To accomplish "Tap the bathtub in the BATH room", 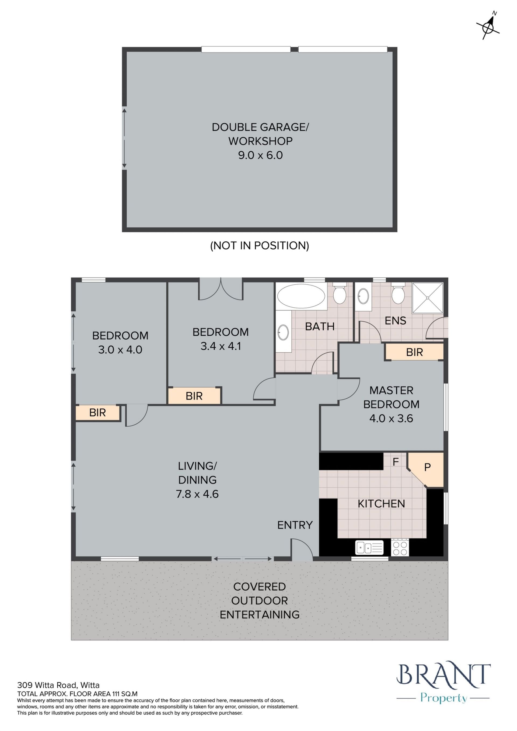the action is [x=301, y=296].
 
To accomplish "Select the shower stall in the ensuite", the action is [x=428, y=298].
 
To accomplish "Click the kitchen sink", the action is [x=369, y=548].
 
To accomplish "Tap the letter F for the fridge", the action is [x=396, y=462].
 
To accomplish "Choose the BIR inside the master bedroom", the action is [x=414, y=352].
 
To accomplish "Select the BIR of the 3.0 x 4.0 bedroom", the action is [x=97, y=413].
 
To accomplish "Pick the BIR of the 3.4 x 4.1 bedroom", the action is [x=194, y=396].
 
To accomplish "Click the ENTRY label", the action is [x=295, y=525].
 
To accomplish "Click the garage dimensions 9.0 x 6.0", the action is [x=260, y=155].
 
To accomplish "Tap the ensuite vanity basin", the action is [x=363, y=296].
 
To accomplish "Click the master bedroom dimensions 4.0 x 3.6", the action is [x=391, y=418].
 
